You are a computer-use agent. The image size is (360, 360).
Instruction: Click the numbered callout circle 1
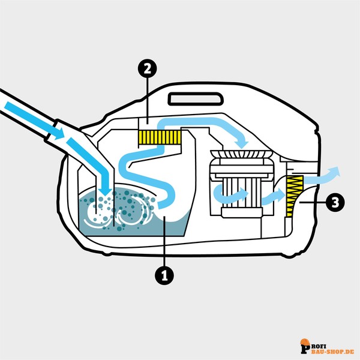(x=164, y=275)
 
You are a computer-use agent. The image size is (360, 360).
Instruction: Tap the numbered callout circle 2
(x=147, y=68)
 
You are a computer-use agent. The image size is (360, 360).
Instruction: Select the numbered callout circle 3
(x=335, y=203)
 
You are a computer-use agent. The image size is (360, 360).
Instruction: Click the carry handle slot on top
(x=196, y=99)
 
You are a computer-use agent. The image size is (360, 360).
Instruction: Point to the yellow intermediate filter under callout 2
(x=160, y=137)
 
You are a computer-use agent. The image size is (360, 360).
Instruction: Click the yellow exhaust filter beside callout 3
(x=295, y=196)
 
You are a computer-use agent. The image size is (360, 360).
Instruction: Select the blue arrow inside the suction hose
(x=34, y=121)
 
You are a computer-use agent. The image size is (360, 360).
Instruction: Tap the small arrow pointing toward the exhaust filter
(x=273, y=197)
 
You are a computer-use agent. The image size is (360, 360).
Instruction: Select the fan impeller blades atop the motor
(x=241, y=154)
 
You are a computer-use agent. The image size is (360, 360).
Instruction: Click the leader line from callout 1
(x=164, y=241)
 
